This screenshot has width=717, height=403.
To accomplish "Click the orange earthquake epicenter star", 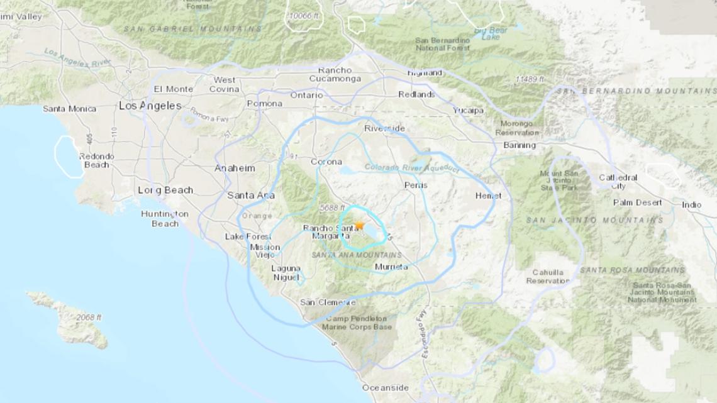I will (359, 225).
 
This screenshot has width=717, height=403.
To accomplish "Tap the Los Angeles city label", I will (150, 106).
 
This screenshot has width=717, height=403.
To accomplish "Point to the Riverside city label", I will (385, 128).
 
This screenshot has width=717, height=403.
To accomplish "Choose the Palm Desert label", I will (638, 202).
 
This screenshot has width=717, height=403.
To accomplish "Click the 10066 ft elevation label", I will (305, 16).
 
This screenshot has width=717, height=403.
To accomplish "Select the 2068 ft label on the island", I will (89, 317).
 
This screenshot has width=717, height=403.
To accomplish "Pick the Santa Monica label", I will (69, 109).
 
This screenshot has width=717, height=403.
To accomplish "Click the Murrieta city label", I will (391, 267).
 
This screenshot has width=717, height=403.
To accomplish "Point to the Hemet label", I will (488, 196).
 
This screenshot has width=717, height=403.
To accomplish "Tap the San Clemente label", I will (328, 302).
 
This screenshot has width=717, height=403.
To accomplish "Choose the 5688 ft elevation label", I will (332, 207).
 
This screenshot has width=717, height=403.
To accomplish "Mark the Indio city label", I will (692, 205).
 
